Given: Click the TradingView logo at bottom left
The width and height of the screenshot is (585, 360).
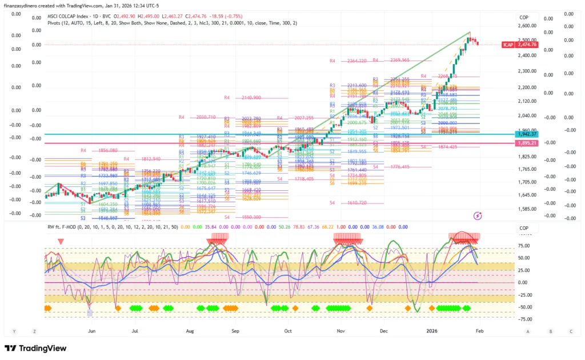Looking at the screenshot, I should (x=35, y=348).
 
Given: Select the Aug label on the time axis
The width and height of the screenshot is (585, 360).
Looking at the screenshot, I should (x=190, y=331).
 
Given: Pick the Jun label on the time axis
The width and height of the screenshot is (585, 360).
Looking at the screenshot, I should (x=90, y=331).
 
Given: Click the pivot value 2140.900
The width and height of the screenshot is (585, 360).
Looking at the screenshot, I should (x=251, y=98).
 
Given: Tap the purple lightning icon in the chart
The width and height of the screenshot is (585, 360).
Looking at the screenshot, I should (x=478, y=215).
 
